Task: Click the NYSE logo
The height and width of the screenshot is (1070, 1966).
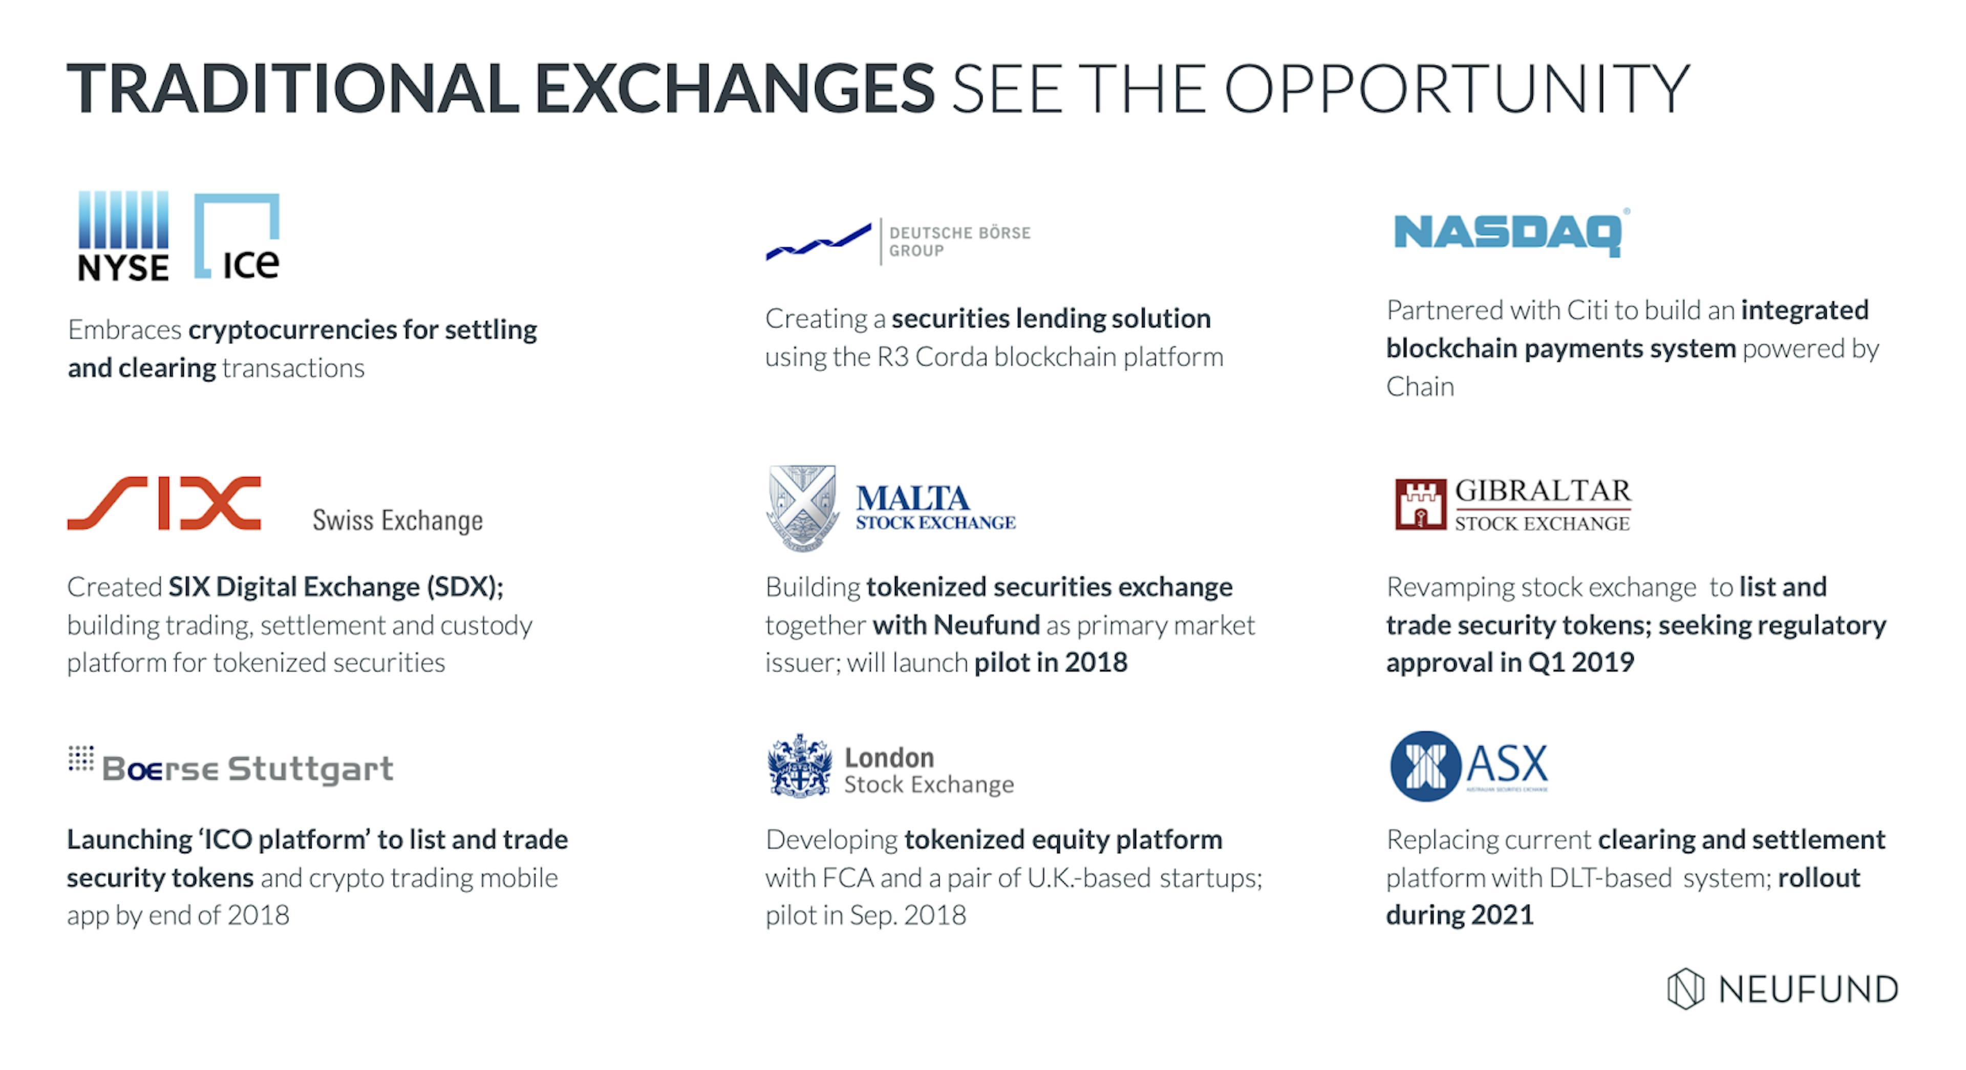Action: pos(123,236)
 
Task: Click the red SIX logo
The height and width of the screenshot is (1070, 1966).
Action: pos(164,503)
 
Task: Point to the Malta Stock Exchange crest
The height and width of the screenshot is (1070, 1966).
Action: pos(802,507)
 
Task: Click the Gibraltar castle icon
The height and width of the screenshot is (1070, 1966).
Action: pos(1420,504)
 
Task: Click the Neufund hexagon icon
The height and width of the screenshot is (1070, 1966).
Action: pos(1685,989)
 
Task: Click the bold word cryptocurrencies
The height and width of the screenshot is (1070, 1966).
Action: pos(292,330)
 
